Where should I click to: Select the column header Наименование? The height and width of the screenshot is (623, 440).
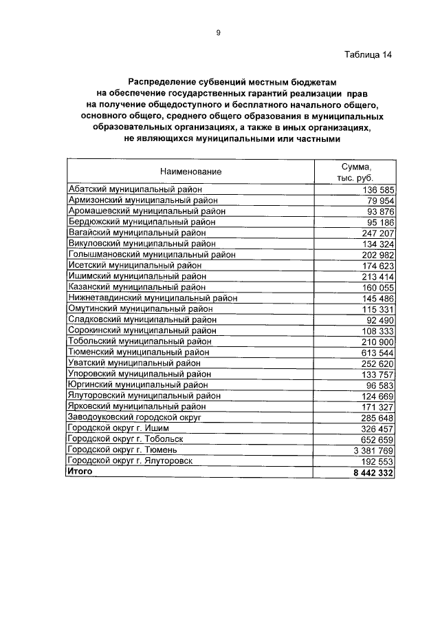click(x=191, y=171)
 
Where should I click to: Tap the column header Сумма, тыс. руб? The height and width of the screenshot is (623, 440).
click(x=355, y=171)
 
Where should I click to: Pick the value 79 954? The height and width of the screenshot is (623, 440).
click(x=375, y=200)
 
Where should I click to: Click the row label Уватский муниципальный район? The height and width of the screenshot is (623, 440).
click(x=134, y=363)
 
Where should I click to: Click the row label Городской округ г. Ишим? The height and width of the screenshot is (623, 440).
click(x=118, y=428)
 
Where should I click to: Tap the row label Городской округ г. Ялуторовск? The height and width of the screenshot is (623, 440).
click(x=130, y=461)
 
